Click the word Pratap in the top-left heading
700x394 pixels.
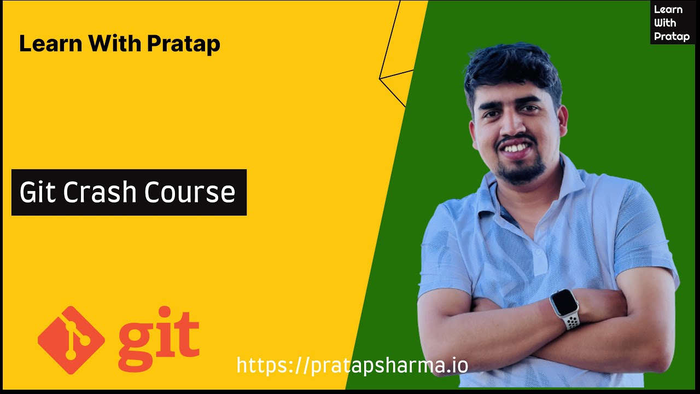[x=184, y=44]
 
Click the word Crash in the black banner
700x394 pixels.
[x=100, y=192]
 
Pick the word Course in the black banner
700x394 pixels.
[x=190, y=192]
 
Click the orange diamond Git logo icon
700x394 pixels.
[x=71, y=340]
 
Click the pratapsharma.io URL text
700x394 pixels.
[x=352, y=365]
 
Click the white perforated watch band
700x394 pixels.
[x=572, y=322]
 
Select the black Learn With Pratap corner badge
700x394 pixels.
[x=673, y=22]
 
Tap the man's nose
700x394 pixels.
[x=510, y=125]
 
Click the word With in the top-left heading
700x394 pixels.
[x=115, y=43]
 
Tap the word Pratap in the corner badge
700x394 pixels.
[x=672, y=37]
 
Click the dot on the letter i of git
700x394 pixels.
[x=165, y=312]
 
